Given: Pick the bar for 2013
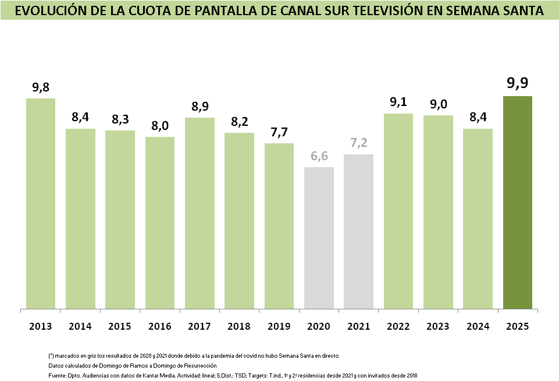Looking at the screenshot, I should [x=41, y=203].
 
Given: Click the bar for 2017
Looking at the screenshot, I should [x=200, y=213].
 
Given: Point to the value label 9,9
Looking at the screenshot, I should [x=517, y=83].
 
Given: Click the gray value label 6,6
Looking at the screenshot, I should [x=319, y=156].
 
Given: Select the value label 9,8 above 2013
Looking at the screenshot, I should [x=41, y=87].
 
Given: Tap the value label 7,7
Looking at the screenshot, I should [x=279, y=132].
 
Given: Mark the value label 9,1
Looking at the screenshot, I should [x=398, y=102].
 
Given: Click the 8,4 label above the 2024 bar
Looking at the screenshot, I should [x=478, y=117].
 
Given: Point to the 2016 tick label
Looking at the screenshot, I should [x=160, y=326].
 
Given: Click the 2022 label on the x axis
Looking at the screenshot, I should [x=398, y=326].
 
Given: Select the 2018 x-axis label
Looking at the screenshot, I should [x=239, y=326].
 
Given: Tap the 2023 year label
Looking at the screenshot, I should [x=438, y=326].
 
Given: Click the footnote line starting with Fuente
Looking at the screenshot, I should [x=233, y=376].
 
